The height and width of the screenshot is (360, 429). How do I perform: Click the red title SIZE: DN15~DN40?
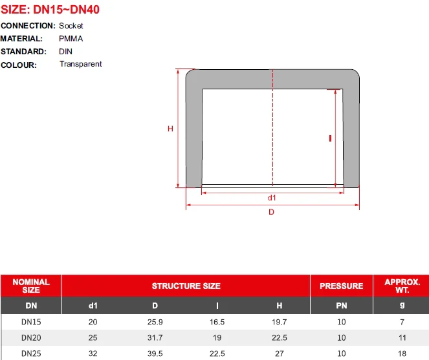[x=50, y=10]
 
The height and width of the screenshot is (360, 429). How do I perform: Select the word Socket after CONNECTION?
[x=71, y=26]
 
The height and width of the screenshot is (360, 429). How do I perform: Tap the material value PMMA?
[x=71, y=39]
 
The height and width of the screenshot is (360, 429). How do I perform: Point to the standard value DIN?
[x=65, y=52]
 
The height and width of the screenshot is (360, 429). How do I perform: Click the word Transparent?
[x=81, y=64]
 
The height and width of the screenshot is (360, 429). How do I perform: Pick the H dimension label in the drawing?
[x=170, y=129]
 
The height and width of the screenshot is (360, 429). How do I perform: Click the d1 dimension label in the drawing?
[x=272, y=198]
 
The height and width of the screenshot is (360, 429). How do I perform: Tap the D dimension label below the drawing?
[x=271, y=212]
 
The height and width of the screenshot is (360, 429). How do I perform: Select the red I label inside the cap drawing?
[x=330, y=138]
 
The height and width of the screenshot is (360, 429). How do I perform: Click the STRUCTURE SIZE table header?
[x=186, y=286]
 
